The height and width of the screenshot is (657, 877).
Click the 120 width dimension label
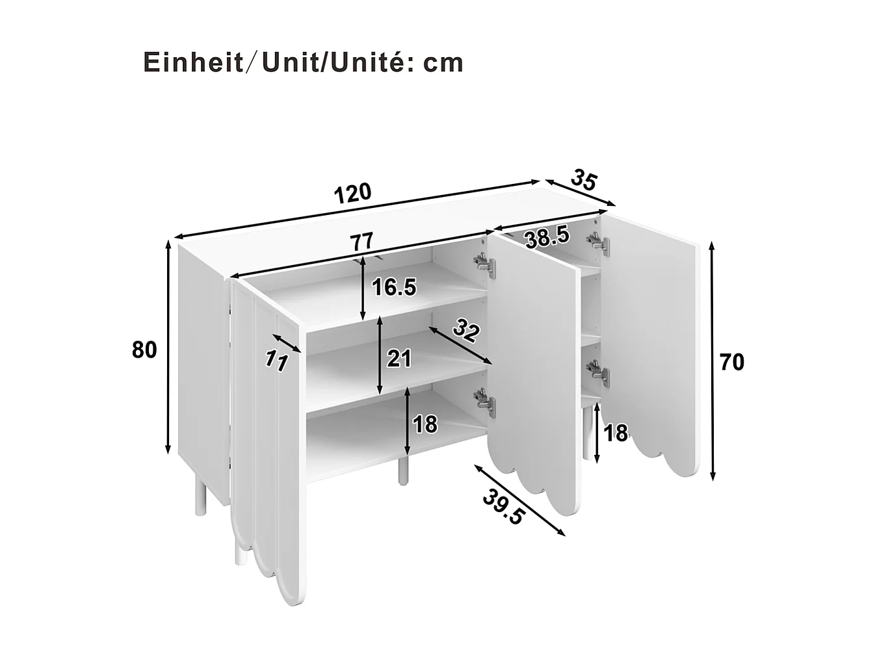[x=352, y=193]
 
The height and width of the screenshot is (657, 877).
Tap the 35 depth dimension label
[x=583, y=180]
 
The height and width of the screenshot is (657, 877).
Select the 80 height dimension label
[x=144, y=350]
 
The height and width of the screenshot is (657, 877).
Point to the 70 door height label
[x=732, y=362]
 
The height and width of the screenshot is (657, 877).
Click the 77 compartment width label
[x=361, y=242]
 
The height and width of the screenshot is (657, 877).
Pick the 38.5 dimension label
[x=547, y=237]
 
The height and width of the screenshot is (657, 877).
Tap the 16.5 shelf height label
[x=393, y=287]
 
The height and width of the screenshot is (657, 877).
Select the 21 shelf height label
[x=399, y=357]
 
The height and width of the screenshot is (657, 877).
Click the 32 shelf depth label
[x=465, y=331]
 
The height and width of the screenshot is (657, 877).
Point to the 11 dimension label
[x=276, y=361]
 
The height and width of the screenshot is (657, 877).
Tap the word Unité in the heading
[x=373, y=62]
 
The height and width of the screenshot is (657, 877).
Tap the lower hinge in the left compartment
[x=484, y=401]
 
